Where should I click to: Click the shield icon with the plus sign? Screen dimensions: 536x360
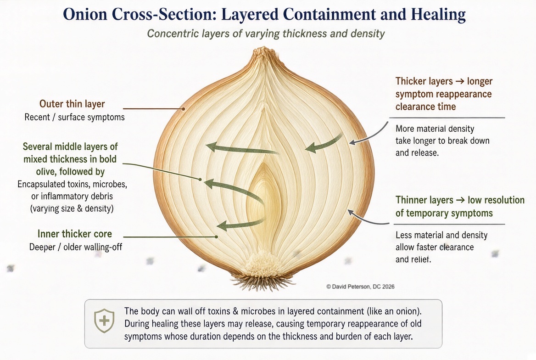click(104, 321)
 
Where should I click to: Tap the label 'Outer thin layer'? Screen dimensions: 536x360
click(72, 104)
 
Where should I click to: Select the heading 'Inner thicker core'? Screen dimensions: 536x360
click(74, 234)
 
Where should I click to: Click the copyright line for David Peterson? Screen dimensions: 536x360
click(360, 287)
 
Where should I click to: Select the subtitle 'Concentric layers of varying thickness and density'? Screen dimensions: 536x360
click(266, 34)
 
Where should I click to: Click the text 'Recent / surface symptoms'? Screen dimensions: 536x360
click(74, 117)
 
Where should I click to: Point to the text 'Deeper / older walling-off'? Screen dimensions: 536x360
click(76, 247)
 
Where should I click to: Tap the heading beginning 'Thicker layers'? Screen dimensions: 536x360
click(444, 93)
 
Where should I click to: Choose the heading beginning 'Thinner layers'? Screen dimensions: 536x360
click(460, 206)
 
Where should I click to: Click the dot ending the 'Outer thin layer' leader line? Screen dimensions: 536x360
click(183, 109)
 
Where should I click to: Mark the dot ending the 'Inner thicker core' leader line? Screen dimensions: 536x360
click(217, 236)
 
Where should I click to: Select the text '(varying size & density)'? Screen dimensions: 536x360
click(72, 208)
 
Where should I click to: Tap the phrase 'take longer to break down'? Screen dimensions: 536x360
click(442, 141)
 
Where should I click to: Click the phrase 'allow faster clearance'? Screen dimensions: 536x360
click(435, 247)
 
